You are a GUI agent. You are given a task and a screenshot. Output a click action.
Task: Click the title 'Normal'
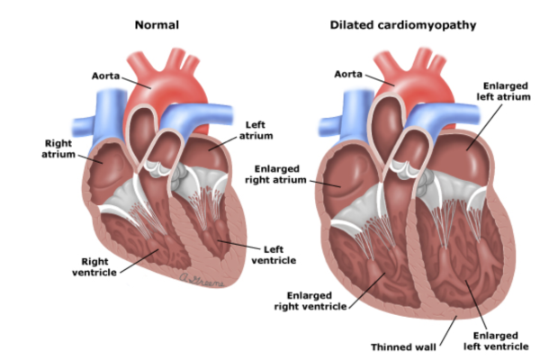[157, 25]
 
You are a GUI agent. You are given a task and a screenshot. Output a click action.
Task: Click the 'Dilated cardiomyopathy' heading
[403, 25]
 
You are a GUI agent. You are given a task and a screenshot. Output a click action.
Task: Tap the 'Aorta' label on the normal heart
[105, 76]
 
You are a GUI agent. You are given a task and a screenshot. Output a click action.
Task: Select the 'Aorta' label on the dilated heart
[348, 74]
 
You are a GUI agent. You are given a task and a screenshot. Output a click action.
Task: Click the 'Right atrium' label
[58, 148]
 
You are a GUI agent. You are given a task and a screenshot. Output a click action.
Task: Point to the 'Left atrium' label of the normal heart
[256, 130]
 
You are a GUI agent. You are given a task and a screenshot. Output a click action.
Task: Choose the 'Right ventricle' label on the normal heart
[94, 266]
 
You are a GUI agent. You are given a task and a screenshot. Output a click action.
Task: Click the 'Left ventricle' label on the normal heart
[274, 255]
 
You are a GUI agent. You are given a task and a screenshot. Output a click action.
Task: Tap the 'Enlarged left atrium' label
[503, 91]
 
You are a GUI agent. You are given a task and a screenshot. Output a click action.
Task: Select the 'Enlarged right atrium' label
[276, 175]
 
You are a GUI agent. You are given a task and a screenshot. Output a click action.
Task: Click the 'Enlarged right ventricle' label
[310, 301]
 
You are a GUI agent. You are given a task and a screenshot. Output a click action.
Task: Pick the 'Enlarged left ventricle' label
[496, 341]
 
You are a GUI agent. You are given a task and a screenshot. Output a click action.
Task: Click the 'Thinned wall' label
[403, 346]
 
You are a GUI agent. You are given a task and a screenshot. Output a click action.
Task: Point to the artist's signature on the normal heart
[202, 280]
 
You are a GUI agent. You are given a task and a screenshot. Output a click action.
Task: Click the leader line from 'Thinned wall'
[448, 330]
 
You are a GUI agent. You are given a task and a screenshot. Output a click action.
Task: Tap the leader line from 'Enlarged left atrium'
[484, 127]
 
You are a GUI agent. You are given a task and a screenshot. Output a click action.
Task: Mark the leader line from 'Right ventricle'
[139, 261]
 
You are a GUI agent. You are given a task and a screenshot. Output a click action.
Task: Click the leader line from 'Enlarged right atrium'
[325, 184]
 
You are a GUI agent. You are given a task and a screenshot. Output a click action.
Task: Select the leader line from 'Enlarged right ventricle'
[367, 290]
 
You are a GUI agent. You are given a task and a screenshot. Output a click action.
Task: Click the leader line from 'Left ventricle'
[238, 245]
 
